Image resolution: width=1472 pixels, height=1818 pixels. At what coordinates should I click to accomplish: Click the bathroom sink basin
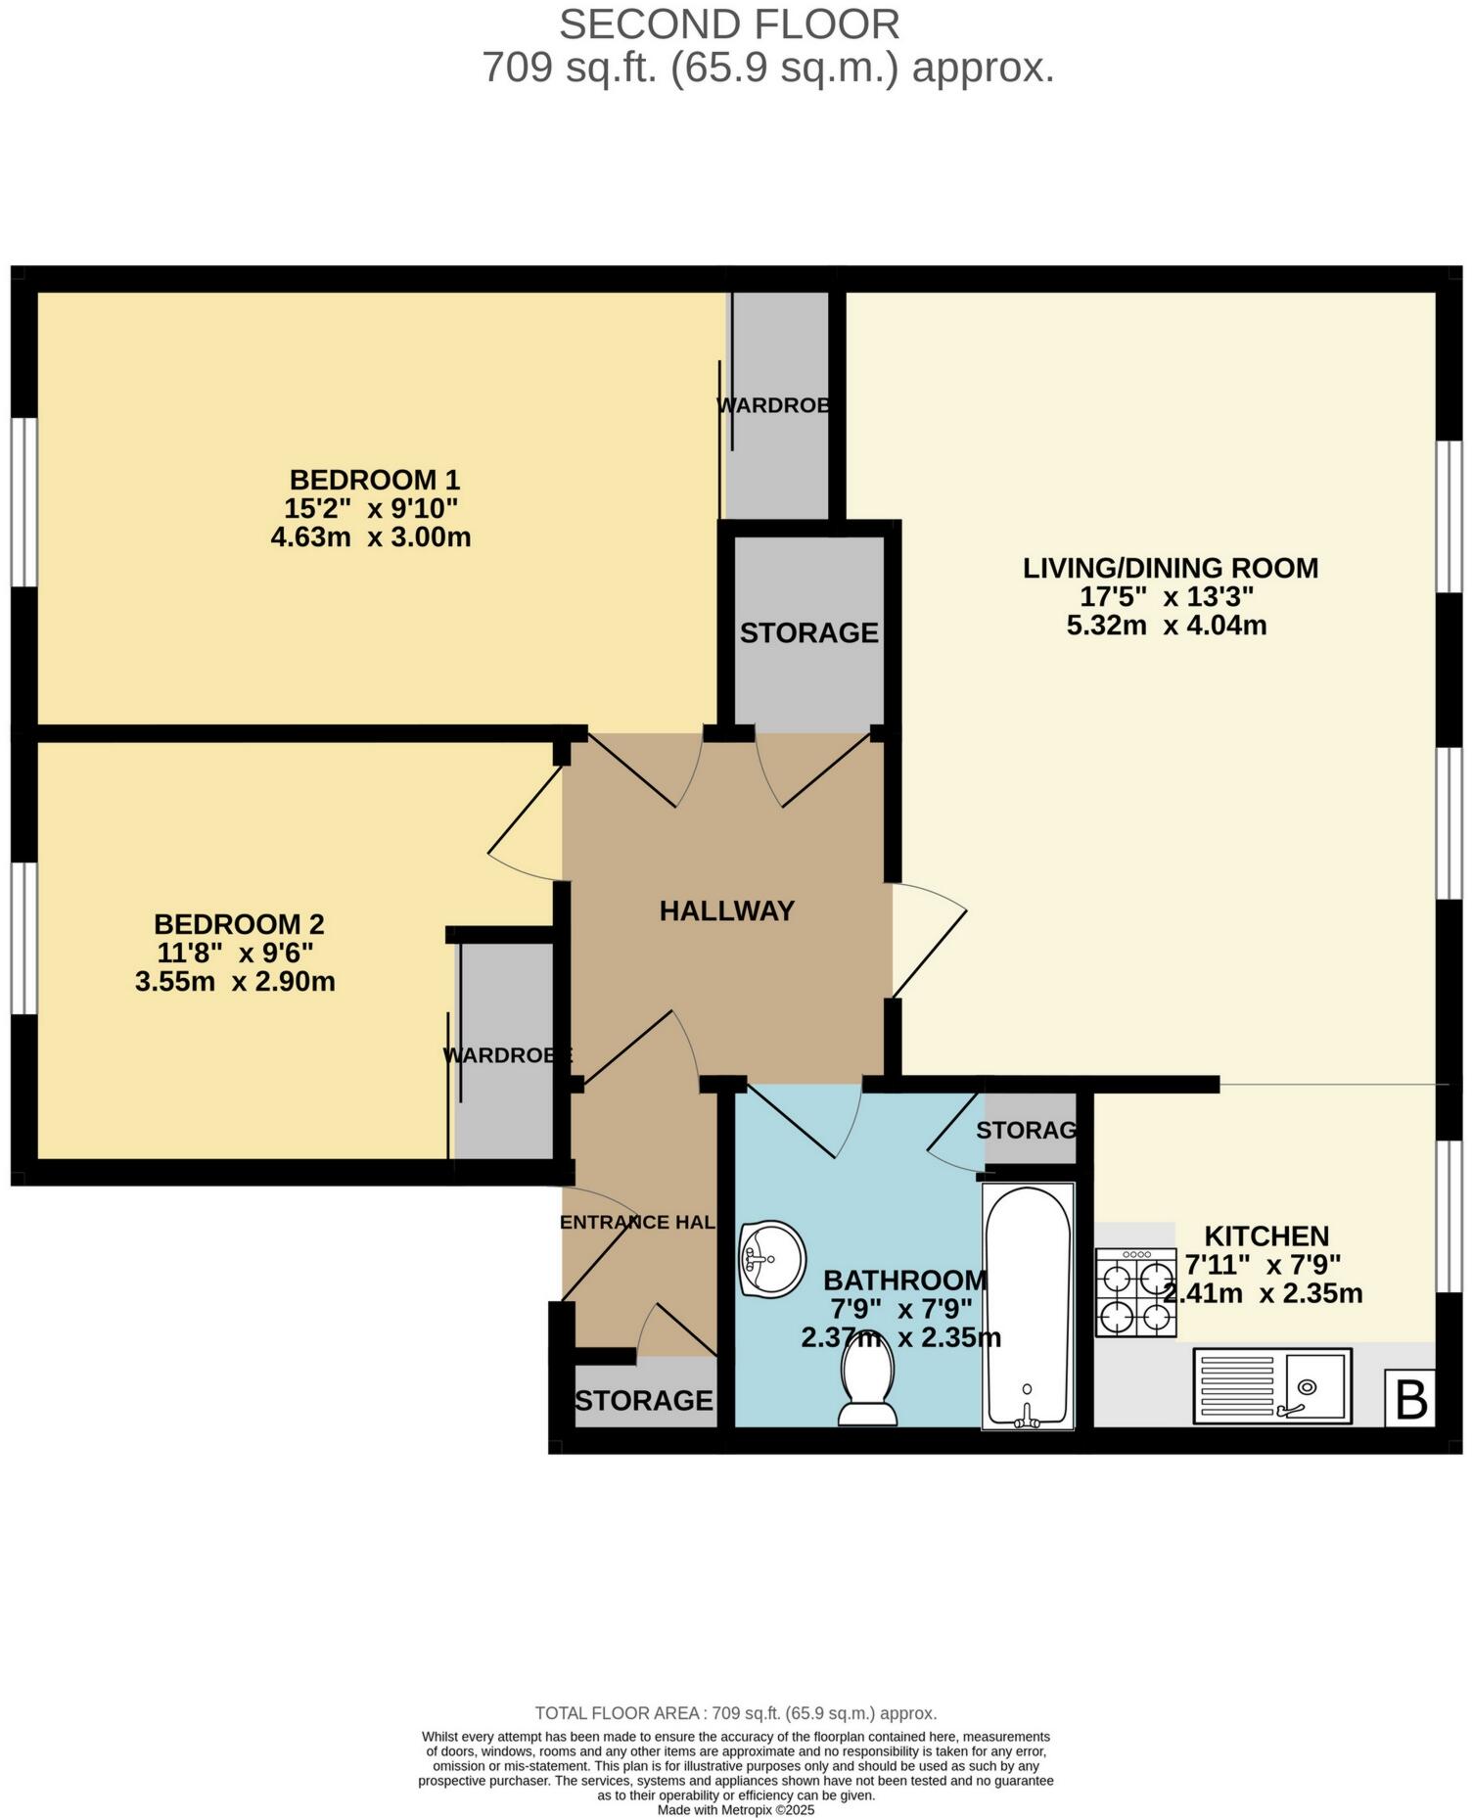coord(772,1258)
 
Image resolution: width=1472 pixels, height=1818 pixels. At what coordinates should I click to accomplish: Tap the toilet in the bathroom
coord(868,1381)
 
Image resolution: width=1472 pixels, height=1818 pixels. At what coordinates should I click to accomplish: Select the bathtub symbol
coord(1028,1306)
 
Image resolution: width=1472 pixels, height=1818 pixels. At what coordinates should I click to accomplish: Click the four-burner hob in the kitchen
coord(1136,1292)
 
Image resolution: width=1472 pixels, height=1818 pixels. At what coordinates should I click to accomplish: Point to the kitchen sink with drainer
coord(1272,1385)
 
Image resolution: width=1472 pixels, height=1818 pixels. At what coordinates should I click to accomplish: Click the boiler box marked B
coord(1410,1399)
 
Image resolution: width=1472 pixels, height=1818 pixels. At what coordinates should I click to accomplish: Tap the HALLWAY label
coord(726,910)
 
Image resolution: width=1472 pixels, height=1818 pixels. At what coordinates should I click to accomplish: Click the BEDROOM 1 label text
coord(374,480)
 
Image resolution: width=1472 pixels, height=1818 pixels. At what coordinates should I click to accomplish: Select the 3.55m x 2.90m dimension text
coord(235,981)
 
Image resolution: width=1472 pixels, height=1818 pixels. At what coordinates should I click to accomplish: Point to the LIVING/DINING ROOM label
coord(1171,568)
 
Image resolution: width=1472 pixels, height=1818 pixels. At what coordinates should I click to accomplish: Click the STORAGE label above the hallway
coord(808,632)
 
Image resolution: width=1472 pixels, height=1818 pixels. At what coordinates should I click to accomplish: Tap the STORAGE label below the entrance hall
coord(643,1400)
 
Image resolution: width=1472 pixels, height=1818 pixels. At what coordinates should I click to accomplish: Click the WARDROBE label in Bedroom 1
coord(773,404)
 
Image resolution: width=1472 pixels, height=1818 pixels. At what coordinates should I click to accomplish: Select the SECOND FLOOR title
coord(729,23)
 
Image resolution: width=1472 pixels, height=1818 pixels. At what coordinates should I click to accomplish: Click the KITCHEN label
coord(1266,1235)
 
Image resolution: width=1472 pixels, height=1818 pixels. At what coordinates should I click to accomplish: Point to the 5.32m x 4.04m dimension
coord(1167,625)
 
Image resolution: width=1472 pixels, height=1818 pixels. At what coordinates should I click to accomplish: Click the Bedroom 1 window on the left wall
coord(23,502)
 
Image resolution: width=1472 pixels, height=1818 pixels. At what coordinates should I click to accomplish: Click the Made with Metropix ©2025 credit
coord(736,1810)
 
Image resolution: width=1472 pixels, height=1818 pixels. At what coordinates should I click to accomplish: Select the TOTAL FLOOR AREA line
coord(736,1713)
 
